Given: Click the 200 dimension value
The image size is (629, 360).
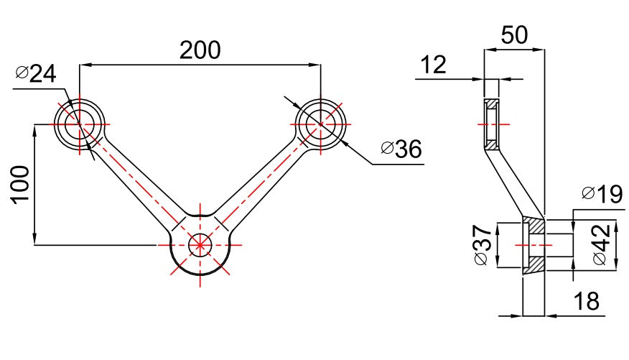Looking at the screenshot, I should coord(200,50).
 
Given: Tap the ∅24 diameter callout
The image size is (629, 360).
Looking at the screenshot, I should coord(35,74).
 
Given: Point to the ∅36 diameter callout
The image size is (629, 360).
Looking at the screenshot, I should coord(401,149).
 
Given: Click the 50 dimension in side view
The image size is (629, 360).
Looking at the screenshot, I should coord(514,37).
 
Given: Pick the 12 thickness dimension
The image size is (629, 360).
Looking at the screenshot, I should coord(433,65).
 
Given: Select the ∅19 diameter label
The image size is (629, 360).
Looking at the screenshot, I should coord(602,194).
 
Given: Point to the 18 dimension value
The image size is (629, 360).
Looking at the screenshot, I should coord(587,301).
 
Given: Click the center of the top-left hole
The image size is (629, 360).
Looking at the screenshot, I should coord(80,125).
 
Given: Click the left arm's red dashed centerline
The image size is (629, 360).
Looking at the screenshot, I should coord(136,183).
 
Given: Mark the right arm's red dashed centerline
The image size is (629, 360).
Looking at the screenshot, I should coord(262,183).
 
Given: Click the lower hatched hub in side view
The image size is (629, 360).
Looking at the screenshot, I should coord(534,246).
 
